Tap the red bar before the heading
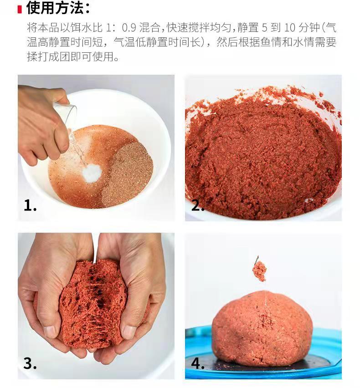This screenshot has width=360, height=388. coord(20,9)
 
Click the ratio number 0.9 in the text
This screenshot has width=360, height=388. coord(129,28)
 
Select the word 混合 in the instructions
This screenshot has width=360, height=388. coord(149,27)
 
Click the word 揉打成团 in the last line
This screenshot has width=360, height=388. coord(48,57)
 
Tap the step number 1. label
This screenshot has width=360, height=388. coord(30,205)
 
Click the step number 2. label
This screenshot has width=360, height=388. coord(198,205)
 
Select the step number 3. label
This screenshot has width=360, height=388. coord(30,363)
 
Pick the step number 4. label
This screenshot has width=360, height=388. coord(198,363)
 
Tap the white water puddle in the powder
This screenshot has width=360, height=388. coord(92,173)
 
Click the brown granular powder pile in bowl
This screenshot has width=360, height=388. coord(128,174)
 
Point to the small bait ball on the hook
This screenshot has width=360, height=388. coord(259,271)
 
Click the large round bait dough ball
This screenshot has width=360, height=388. coord(262,329)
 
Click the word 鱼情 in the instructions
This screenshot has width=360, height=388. coord(271,42)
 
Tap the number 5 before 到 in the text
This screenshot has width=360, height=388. coord(265,28)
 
